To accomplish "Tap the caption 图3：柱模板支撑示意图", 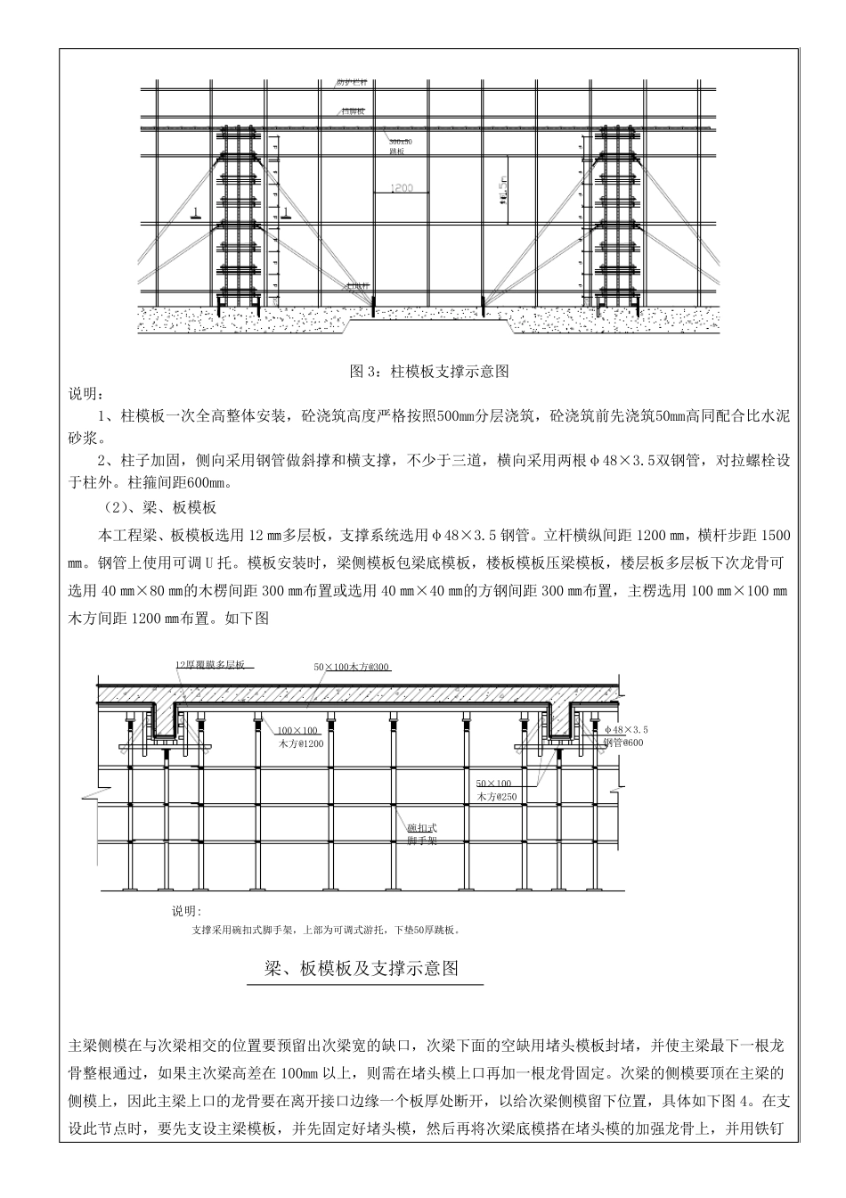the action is (x=426, y=371).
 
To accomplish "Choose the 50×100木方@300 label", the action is (x=352, y=667).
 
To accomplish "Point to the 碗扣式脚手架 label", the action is (x=421, y=833).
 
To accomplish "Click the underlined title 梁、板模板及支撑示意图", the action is (x=362, y=969).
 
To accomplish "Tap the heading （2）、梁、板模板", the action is (x=159, y=508).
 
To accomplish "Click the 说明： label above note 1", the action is (x=85, y=394).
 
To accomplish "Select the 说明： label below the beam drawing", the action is (x=187, y=911).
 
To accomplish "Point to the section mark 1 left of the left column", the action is (x=193, y=212).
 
